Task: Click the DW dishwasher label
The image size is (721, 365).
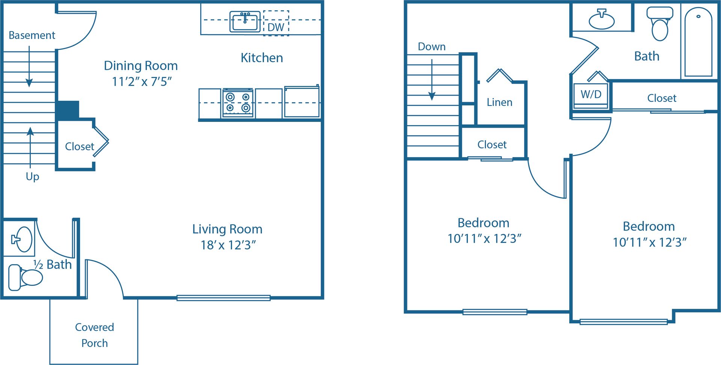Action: pos(276,27)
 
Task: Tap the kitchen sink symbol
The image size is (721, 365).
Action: pos(245,22)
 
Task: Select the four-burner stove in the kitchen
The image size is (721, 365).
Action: pos(238,103)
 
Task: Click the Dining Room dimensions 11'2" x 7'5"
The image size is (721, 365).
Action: pos(142,81)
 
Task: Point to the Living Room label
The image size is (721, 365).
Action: pos(227,229)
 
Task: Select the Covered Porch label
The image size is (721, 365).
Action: pos(94,335)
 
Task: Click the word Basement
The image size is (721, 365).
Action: pos(32,35)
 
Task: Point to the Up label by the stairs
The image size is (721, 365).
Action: pos(32,176)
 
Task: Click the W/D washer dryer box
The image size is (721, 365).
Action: pos(591,95)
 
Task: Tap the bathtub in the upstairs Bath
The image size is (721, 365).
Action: pos(698,42)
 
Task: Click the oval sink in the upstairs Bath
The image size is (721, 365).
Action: pos(602,21)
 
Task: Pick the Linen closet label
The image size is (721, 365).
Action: pos(499,102)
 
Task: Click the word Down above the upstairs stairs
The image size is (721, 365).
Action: pos(431,47)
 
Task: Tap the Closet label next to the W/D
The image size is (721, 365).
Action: pos(661,98)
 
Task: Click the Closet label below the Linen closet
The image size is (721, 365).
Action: pos(492,144)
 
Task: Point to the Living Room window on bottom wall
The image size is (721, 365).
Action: pos(223,298)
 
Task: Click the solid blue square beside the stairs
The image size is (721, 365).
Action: pos(68,110)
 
